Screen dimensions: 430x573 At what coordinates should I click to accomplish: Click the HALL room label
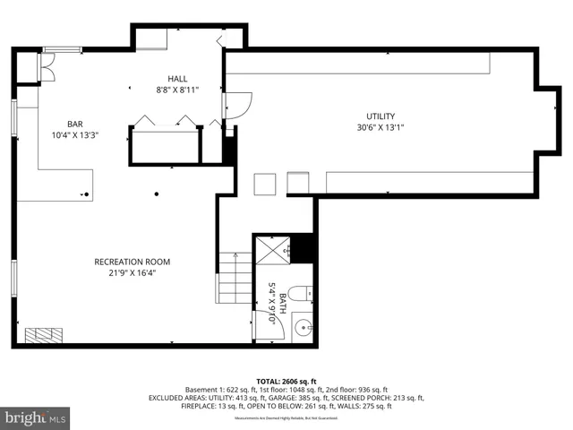tap(177, 79)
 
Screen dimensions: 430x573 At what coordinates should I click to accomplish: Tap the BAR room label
tap(74, 124)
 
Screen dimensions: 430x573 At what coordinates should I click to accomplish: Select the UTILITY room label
tap(380, 116)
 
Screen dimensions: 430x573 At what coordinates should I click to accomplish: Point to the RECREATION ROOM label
tap(132, 262)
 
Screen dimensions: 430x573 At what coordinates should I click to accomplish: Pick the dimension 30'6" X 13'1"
tap(380, 127)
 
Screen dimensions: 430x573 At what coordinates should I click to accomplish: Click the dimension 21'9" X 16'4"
tap(132, 273)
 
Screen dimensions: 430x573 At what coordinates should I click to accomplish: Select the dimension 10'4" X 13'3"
tap(74, 135)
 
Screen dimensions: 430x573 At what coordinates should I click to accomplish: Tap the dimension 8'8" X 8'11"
tap(177, 90)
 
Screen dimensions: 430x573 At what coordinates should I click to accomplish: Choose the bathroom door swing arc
tap(269, 323)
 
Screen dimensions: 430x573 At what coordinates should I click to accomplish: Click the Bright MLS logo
tap(36, 417)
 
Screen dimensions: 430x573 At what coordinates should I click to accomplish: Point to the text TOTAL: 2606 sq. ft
tap(286, 380)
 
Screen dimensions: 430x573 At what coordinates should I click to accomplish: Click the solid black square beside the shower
tap(304, 248)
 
